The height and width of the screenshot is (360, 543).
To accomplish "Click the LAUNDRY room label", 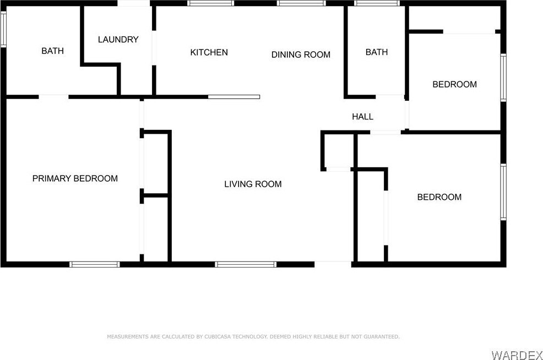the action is coord(118,40).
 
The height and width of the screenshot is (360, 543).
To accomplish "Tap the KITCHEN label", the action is coord(209,52).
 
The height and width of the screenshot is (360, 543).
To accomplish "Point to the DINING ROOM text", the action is coord(301,54).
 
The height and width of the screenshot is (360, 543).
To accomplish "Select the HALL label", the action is coord(362,117).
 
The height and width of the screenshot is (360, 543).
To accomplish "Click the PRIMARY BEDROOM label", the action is coord(75,178).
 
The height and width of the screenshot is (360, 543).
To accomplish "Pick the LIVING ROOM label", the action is coord(253,184).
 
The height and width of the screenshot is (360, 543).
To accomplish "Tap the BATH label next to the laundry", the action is coord(53,51).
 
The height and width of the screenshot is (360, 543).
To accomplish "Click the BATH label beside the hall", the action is coord(377,52).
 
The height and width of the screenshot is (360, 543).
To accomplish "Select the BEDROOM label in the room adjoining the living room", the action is coord(439,197).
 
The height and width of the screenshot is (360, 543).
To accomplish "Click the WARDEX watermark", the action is coord(517,355).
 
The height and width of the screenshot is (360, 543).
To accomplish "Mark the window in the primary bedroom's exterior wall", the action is coord(95,264).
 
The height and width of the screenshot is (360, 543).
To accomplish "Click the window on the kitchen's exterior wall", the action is coord(210,3).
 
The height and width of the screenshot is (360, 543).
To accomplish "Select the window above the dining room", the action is coord(301,3).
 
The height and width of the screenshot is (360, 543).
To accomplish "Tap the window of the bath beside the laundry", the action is coord(3,29).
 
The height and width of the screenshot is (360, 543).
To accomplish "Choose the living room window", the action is coord(246,264).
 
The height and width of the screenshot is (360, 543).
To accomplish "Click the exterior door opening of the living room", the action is coord(333,264).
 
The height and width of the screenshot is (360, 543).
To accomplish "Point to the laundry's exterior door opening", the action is coord(134,3).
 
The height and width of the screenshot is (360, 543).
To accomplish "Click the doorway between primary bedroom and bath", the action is coord(53,97).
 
